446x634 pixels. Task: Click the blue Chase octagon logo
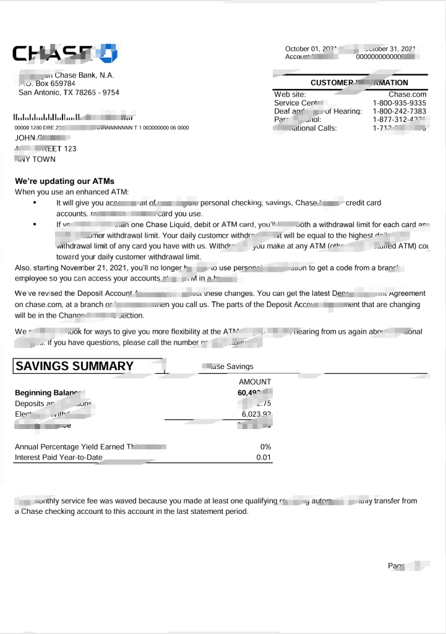click(106, 53)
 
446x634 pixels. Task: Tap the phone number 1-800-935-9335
click(399, 103)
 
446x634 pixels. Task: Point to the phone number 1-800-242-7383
click(399, 111)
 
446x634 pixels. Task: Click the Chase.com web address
click(408, 94)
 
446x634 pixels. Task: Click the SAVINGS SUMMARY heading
click(74, 366)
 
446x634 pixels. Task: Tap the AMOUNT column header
click(255, 382)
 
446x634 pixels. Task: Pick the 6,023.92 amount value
click(255, 415)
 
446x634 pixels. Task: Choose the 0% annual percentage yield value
click(265, 447)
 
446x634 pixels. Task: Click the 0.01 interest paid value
click(264, 458)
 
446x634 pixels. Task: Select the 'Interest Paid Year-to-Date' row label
click(59, 458)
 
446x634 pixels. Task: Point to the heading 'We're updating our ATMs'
click(64, 181)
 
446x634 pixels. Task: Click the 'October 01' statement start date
click(304, 49)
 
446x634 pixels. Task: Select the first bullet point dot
click(35, 203)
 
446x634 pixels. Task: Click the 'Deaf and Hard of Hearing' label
click(317, 111)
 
